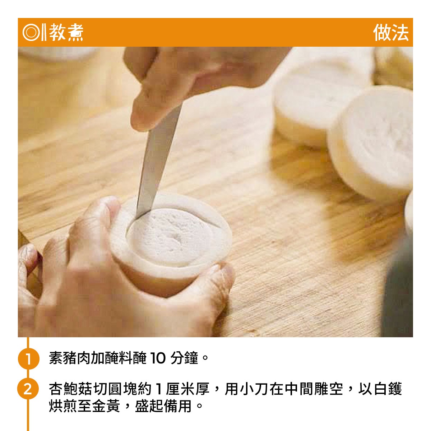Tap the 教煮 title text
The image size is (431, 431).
click(x=66, y=33)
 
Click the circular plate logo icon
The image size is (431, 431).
click(x=31, y=33)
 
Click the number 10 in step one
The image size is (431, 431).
click(x=158, y=358)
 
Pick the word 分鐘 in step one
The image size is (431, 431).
click(x=184, y=358)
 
